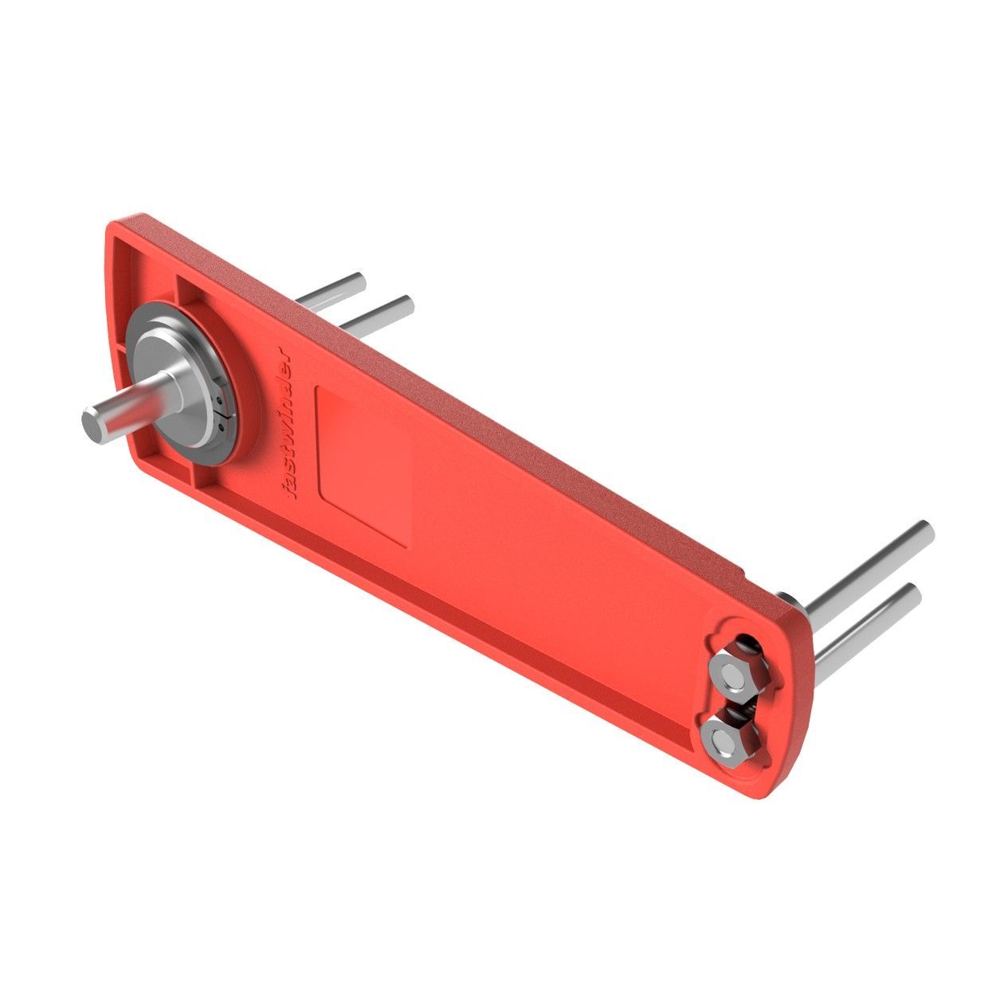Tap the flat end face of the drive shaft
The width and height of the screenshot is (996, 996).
pyautogui.click(x=91, y=423)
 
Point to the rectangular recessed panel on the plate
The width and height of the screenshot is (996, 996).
pyautogui.click(x=363, y=464)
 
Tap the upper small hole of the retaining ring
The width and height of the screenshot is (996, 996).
pyautogui.click(x=221, y=399)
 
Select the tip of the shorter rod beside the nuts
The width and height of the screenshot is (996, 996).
pyautogui.click(x=915, y=594)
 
